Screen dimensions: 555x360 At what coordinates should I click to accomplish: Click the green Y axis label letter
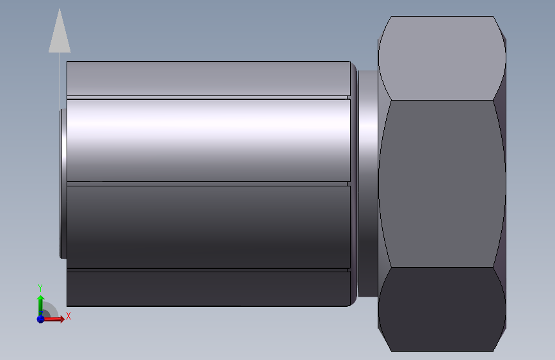tap(40, 288)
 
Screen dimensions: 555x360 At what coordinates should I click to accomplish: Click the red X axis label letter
tap(68, 316)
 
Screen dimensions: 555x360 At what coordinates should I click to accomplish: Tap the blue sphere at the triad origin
tap(40, 319)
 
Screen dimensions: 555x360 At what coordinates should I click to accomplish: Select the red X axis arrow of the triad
tap(52, 319)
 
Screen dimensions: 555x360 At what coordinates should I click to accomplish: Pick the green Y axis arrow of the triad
tap(41, 306)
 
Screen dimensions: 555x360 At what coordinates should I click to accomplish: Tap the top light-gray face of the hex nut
tap(442, 58)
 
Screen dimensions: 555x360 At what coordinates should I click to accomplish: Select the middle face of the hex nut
tap(442, 184)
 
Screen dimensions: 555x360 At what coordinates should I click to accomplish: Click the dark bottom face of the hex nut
tap(442, 309)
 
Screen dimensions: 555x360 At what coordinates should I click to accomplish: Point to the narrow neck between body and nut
tap(367, 184)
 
